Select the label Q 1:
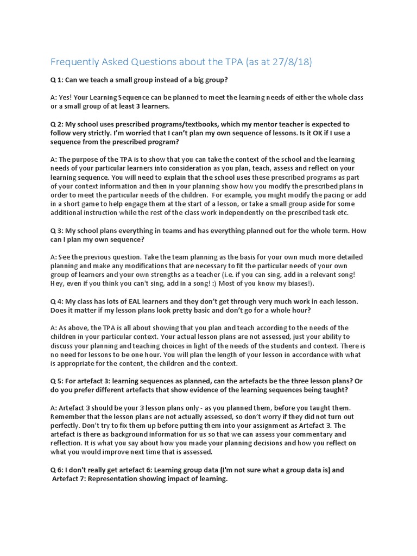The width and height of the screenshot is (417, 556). [x=57, y=80]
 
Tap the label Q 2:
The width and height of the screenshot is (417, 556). [x=57, y=124]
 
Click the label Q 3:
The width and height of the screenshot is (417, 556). [x=57, y=230]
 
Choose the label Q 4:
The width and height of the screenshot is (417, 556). [x=57, y=301]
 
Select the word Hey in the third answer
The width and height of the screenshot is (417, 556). [x=57, y=283]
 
